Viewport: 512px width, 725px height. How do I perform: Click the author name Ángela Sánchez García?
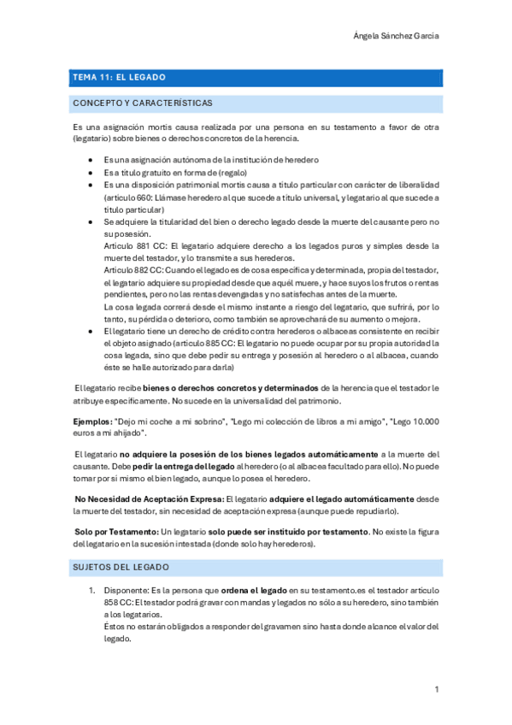397,36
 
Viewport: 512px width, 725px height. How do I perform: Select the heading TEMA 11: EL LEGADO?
120,77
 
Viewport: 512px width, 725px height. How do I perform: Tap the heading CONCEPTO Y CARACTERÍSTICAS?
143,103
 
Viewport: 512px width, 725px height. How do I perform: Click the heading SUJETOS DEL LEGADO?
121,567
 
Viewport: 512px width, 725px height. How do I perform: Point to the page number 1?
436,689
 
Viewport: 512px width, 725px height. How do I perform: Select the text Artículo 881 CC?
131,245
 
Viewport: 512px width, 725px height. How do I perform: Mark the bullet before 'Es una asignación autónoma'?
91,160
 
